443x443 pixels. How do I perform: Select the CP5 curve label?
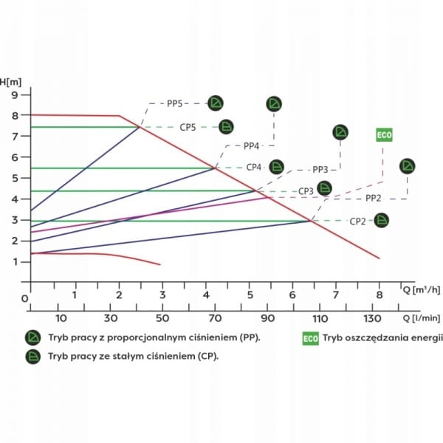[x=188, y=127]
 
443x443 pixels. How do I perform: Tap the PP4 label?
[x=252, y=145]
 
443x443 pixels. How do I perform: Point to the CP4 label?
[x=254, y=167]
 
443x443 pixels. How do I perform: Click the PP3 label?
[x=320, y=169]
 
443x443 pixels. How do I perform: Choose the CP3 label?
[x=306, y=190]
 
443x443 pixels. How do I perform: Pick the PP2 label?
[x=374, y=198]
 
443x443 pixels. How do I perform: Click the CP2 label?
[x=358, y=221]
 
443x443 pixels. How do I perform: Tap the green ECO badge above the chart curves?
[x=384, y=135]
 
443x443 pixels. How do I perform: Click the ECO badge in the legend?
[x=309, y=339]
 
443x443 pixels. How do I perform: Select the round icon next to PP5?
[x=216, y=103]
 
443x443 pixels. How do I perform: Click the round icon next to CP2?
[x=381, y=220]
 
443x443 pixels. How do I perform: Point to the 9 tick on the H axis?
[x=14, y=95]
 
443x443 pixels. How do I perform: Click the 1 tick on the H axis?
[x=14, y=262]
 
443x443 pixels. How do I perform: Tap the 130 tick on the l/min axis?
[x=372, y=318]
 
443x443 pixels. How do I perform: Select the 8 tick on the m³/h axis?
[x=380, y=295]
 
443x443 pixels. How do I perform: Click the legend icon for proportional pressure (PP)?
[x=33, y=337]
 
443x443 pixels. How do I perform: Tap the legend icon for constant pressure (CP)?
[x=33, y=356]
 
